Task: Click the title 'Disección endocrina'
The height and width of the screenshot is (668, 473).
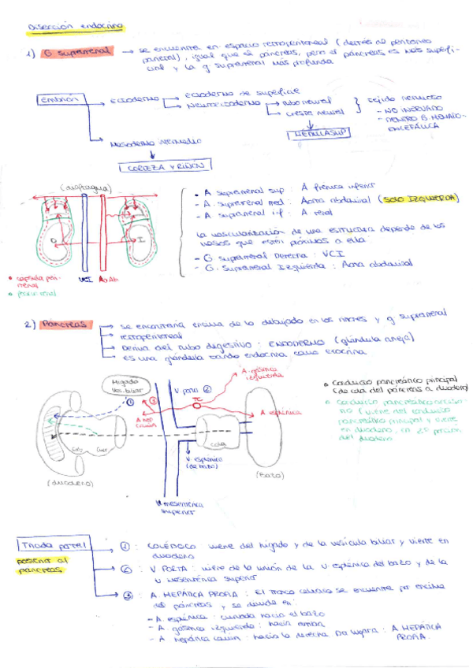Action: click(75, 26)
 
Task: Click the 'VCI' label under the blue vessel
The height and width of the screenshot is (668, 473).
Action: click(87, 278)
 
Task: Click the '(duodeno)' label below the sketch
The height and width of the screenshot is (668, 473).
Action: click(71, 481)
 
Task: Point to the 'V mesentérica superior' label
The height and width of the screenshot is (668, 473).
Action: click(180, 508)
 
